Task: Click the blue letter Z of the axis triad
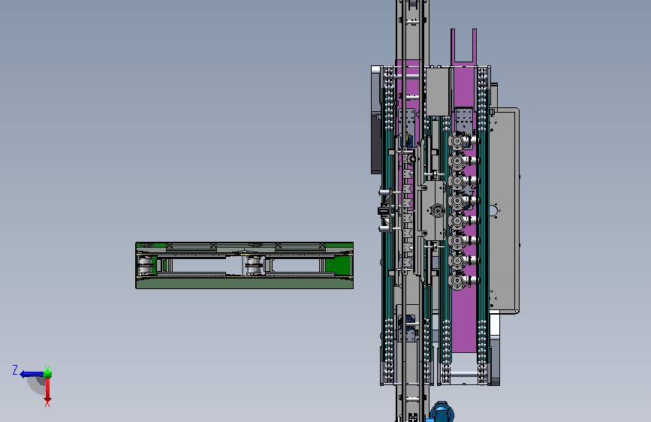pos(15,369)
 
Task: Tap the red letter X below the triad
pos(47,402)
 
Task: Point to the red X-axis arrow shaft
pos(48,387)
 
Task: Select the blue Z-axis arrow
pos(32,374)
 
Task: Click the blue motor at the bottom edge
pos(442,412)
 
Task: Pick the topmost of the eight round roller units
pos(457,141)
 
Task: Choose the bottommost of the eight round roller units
pos(457,281)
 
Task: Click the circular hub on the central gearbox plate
pos(437,210)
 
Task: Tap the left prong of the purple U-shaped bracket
pos(453,46)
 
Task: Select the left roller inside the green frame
pos(146,265)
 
